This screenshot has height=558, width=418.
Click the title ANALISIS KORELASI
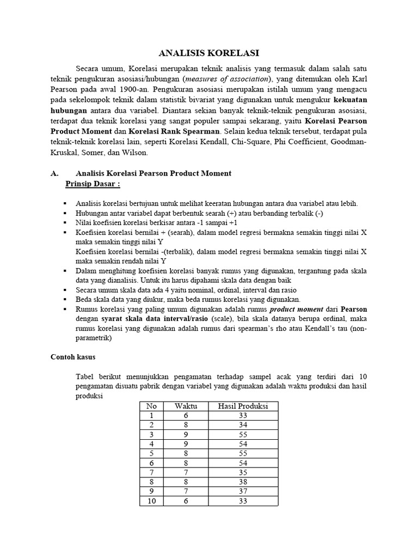[209, 53]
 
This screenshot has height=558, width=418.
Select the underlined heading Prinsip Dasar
[93, 184]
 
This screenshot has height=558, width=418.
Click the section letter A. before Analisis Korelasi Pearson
[54, 173]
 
